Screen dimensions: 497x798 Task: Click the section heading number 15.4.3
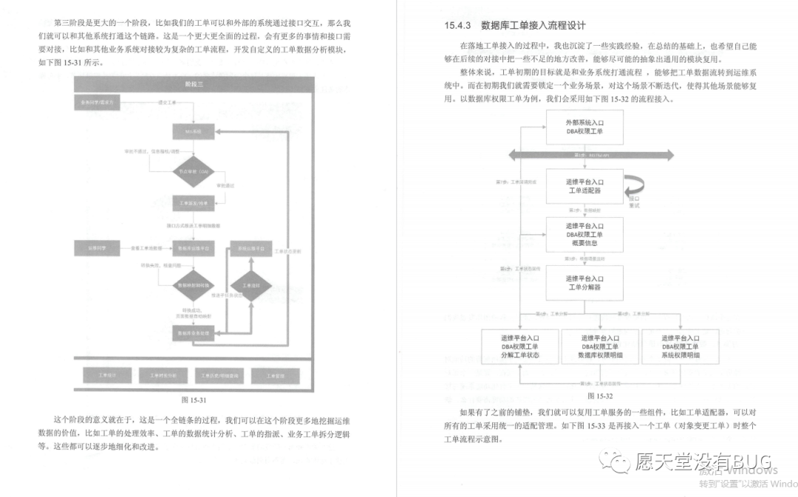[457, 25]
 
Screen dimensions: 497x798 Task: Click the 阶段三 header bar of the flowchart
[195, 86]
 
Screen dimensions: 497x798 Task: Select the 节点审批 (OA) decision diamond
[193, 171]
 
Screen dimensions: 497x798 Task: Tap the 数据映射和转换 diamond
[193, 285]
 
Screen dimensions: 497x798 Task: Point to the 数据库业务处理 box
[193, 334]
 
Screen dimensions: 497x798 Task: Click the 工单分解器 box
[584, 282]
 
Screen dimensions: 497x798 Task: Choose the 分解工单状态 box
[520, 346]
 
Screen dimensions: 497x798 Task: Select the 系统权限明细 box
[680, 346]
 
